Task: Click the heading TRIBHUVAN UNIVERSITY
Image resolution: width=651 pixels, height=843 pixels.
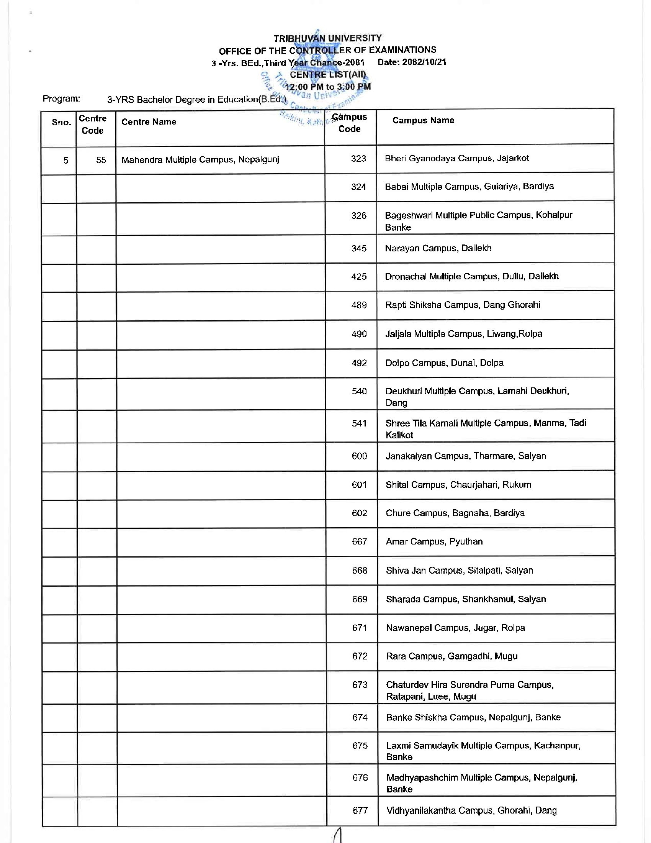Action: point(327,38)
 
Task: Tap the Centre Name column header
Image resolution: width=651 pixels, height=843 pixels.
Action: point(149,122)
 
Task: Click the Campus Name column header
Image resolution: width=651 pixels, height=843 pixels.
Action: point(423,120)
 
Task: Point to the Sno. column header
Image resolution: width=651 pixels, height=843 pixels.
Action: point(61,123)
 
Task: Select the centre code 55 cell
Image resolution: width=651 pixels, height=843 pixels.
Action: point(101,160)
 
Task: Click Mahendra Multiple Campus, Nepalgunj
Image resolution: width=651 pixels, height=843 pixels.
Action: point(200,160)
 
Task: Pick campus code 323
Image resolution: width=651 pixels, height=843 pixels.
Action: point(358,159)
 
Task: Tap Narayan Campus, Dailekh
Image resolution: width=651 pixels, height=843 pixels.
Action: point(438,248)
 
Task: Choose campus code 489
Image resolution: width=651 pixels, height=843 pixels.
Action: point(359,305)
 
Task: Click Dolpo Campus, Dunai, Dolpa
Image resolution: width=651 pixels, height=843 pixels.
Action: point(444,363)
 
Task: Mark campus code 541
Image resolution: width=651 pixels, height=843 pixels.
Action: point(359,423)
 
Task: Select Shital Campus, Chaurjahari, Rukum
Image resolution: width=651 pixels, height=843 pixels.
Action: point(458,485)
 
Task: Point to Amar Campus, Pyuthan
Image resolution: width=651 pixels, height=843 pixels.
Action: point(434,541)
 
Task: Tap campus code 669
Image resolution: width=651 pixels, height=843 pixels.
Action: point(360,599)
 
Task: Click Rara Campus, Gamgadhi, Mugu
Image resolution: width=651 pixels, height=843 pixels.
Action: point(451,656)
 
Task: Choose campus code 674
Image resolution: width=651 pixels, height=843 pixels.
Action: point(360,717)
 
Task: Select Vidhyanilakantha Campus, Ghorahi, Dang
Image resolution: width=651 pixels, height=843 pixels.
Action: point(471,810)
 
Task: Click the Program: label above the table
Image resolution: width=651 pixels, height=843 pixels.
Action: point(61,99)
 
